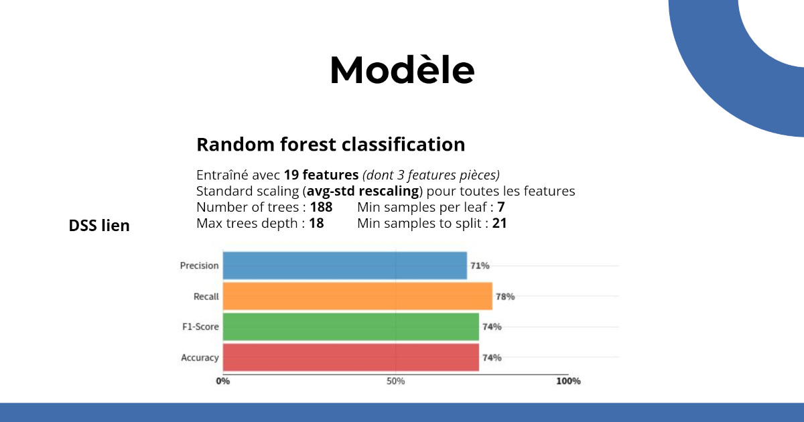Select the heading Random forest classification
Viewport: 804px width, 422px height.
click(330, 145)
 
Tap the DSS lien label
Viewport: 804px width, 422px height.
click(99, 226)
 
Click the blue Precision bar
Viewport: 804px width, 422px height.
click(345, 265)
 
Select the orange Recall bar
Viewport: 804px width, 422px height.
click(358, 296)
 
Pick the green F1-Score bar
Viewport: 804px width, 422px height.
click(350, 327)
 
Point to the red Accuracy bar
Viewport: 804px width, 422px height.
click(350, 358)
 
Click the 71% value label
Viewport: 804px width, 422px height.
click(480, 265)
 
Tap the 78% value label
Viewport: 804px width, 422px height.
click(505, 296)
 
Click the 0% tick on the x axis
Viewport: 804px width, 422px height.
click(223, 381)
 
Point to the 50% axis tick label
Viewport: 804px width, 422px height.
click(395, 381)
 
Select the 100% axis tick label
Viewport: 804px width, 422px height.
click(569, 381)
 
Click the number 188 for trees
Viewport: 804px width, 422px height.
click(321, 207)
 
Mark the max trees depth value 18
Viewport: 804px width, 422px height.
click(316, 223)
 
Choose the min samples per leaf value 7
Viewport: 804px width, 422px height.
click(501, 207)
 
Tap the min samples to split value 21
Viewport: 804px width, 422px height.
click(499, 223)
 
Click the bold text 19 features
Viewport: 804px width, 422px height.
click(321, 175)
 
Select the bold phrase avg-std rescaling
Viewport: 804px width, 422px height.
click(363, 191)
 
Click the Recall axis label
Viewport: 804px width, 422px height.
click(206, 296)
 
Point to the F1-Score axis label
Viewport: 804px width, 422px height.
click(200, 327)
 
